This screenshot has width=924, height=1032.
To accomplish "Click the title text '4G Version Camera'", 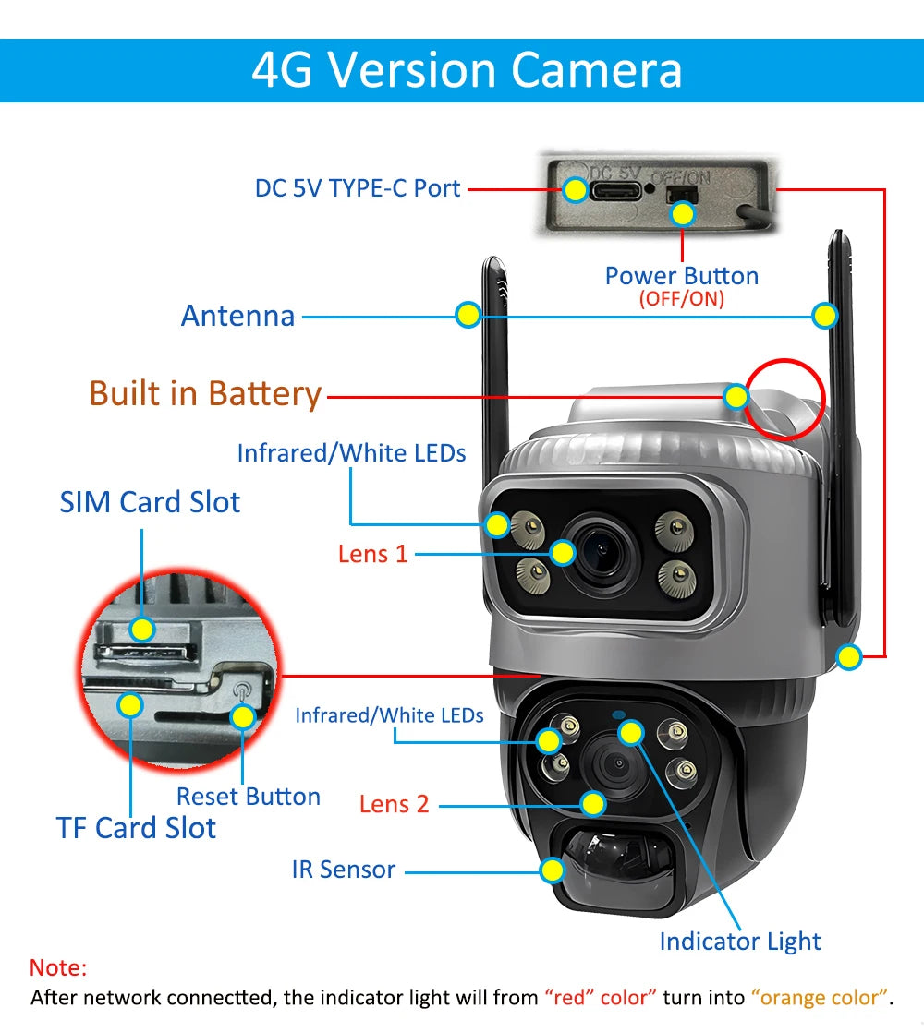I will pyautogui.click(x=467, y=70).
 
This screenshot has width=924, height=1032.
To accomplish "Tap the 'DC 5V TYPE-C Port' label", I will pyautogui.click(x=358, y=188).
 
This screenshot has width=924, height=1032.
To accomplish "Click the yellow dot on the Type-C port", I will pyautogui.click(x=576, y=190).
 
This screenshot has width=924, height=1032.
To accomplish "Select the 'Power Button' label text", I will pyautogui.click(x=681, y=275).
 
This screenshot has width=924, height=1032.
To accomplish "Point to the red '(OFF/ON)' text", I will pyautogui.click(x=681, y=299).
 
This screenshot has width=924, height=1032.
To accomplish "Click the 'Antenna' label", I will pyautogui.click(x=237, y=316).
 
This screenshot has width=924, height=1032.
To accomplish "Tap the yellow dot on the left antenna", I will pyautogui.click(x=468, y=315).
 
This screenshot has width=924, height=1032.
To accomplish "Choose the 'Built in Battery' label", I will pyautogui.click(x=205, y=393).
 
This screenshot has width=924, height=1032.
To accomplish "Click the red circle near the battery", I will pyautogui.click(x=785, y=397).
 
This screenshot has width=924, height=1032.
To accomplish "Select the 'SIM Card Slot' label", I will pyautogui.click(x=150, y=502).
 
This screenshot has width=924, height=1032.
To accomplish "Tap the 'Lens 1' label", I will pyautogui.click(x=372, y=554).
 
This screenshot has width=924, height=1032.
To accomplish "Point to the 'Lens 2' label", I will pyautogui.click(x=395, y=804).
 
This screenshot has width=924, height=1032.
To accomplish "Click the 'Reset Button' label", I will pyautogui.click(x=249, y=797).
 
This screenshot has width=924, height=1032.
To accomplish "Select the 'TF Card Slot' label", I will pyautogui.click(x=136, y=828).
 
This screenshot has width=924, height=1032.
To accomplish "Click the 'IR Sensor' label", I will pyautogui.click(x=344, y=870).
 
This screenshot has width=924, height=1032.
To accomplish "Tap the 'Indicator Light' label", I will pyautogui.click(x=740, y=942).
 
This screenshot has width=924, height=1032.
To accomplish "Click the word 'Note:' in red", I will pyautogui.click(x=58, y=967).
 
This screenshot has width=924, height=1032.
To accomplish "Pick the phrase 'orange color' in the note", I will pyautogui.click(x=821, y=998).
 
